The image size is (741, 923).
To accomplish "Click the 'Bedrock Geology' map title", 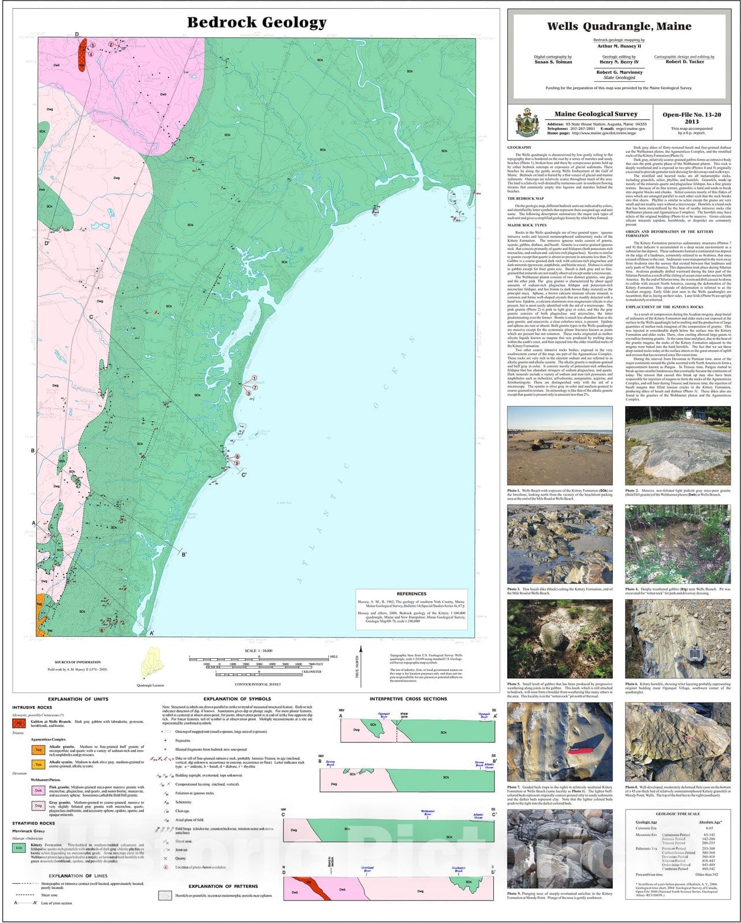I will (256, 22).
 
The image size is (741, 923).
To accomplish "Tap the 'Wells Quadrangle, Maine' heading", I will (619, 26).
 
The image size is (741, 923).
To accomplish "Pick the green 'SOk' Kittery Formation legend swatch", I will (19, 848).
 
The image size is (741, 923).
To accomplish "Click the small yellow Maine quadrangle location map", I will (151, 664).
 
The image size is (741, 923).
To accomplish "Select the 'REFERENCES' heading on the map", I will (411, 594).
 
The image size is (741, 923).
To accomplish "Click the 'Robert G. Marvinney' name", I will (620, 73).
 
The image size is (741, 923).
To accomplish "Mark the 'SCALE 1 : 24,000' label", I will (259, 651).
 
